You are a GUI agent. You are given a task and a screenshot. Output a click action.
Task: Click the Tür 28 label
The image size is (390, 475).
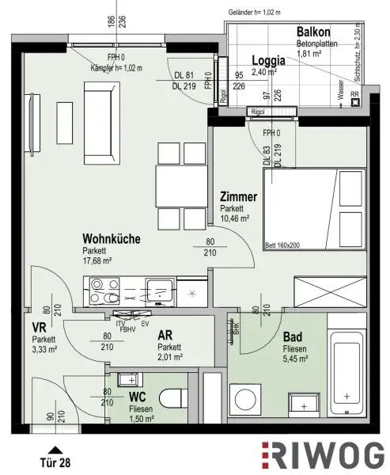[54, 461]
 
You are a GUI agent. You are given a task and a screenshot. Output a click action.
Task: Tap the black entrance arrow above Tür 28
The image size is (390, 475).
[54, 448]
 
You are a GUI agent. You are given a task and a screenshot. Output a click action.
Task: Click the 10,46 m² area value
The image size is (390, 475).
[234, 218]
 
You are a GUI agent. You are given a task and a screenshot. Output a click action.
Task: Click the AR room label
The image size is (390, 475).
[165, 335]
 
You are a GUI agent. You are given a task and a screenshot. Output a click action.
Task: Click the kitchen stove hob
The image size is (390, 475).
[102, 291]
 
